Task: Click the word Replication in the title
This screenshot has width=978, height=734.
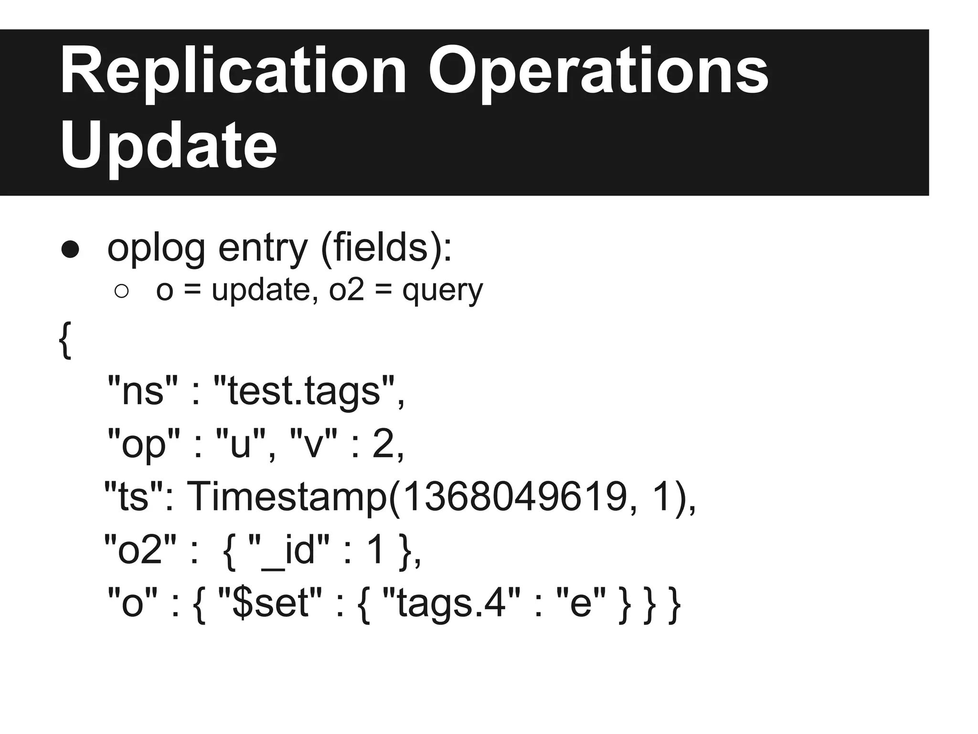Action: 233,72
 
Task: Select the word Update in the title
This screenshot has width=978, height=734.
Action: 168,146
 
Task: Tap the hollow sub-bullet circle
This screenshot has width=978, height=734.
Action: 122,291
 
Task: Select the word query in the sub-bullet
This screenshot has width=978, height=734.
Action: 443,291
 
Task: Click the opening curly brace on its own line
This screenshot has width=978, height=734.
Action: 65,340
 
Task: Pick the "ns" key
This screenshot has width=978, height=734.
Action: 143,390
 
